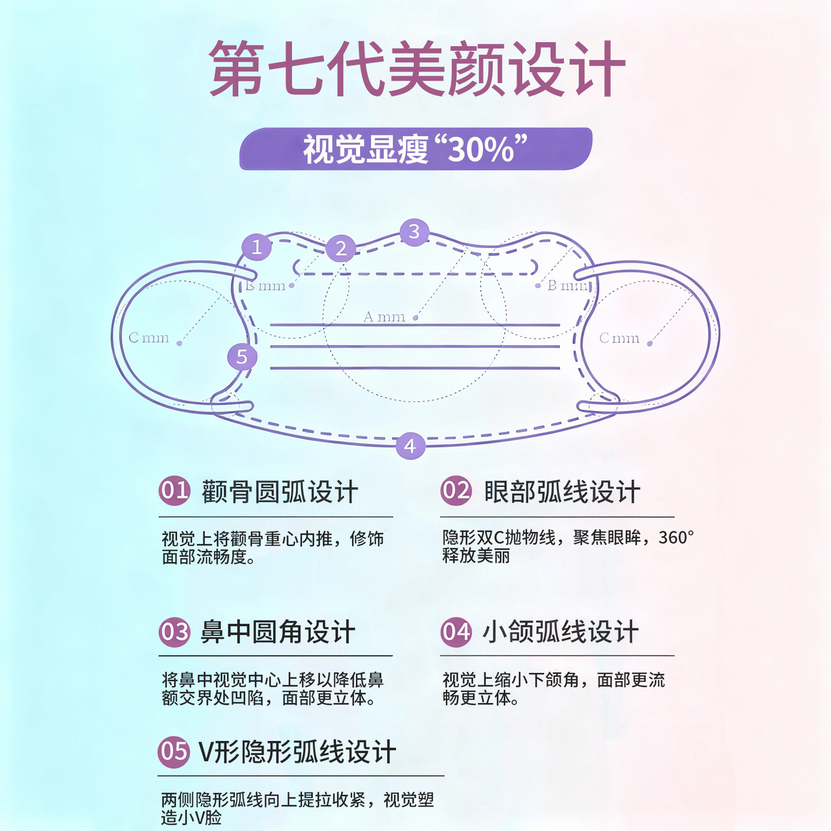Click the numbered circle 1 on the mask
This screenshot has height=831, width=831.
pos(257,247)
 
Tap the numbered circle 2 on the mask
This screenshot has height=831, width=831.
pos(341,248)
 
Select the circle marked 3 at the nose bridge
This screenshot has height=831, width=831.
pos(414,232)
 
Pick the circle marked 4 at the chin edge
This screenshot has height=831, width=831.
pos(410,446)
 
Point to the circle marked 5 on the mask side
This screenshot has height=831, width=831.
pos(242,357)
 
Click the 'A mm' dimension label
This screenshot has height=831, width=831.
pos(384,317)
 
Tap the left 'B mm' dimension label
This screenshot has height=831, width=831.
pos(265,286)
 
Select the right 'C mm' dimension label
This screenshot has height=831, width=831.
pos(619,338)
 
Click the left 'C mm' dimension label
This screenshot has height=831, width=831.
pos(149,338)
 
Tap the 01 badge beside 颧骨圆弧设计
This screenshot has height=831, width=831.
pos(174,491)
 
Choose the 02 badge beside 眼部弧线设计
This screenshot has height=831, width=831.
pos(456,491)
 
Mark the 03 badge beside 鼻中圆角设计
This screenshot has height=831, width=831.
pos(174,632)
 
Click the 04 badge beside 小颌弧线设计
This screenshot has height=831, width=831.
pos(456,632)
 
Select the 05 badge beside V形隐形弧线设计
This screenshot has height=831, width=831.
pos(174,752)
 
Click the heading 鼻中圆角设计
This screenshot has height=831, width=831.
pos(278,632)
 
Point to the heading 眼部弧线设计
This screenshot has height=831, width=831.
pos(562,492)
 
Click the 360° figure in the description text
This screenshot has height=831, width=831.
pos(676,538)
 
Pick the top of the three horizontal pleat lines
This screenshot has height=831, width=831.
pos(414,325)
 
